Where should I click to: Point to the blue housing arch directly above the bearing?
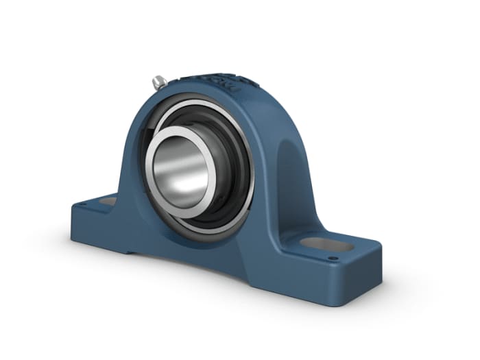click(x=199, y=93)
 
